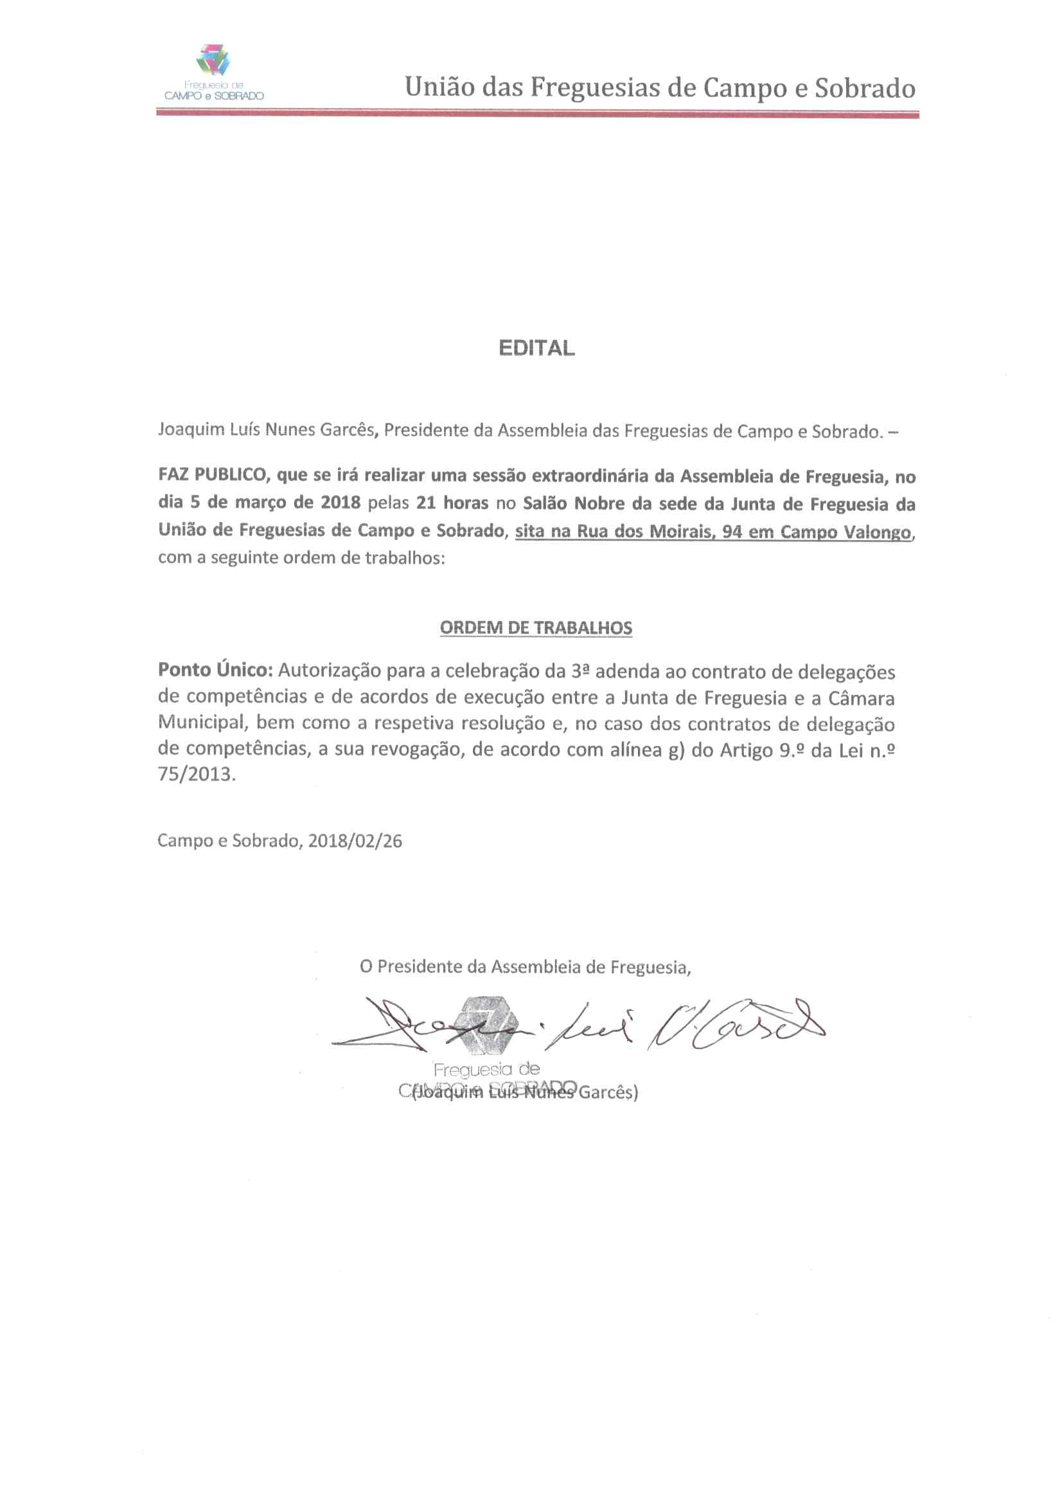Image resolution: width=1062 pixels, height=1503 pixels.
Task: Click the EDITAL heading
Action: pos(536,348)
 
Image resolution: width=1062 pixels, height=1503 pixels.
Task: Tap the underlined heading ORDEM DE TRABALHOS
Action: pos(536,628)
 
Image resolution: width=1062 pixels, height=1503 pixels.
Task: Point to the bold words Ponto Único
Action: pos(215,670)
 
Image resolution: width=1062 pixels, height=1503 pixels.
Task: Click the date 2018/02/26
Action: pos(355,842)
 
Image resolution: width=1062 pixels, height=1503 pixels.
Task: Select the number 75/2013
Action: pos(196,775)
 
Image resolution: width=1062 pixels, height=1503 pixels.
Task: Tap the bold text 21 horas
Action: pos(452,503)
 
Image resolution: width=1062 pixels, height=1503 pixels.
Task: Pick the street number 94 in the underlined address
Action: pos(732,532)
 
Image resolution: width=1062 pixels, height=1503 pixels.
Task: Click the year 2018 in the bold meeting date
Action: pos(341,503)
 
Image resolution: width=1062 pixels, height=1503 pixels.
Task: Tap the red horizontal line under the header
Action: pos(537,114)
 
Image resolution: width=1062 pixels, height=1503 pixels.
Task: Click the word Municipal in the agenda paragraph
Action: pos(201,723)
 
